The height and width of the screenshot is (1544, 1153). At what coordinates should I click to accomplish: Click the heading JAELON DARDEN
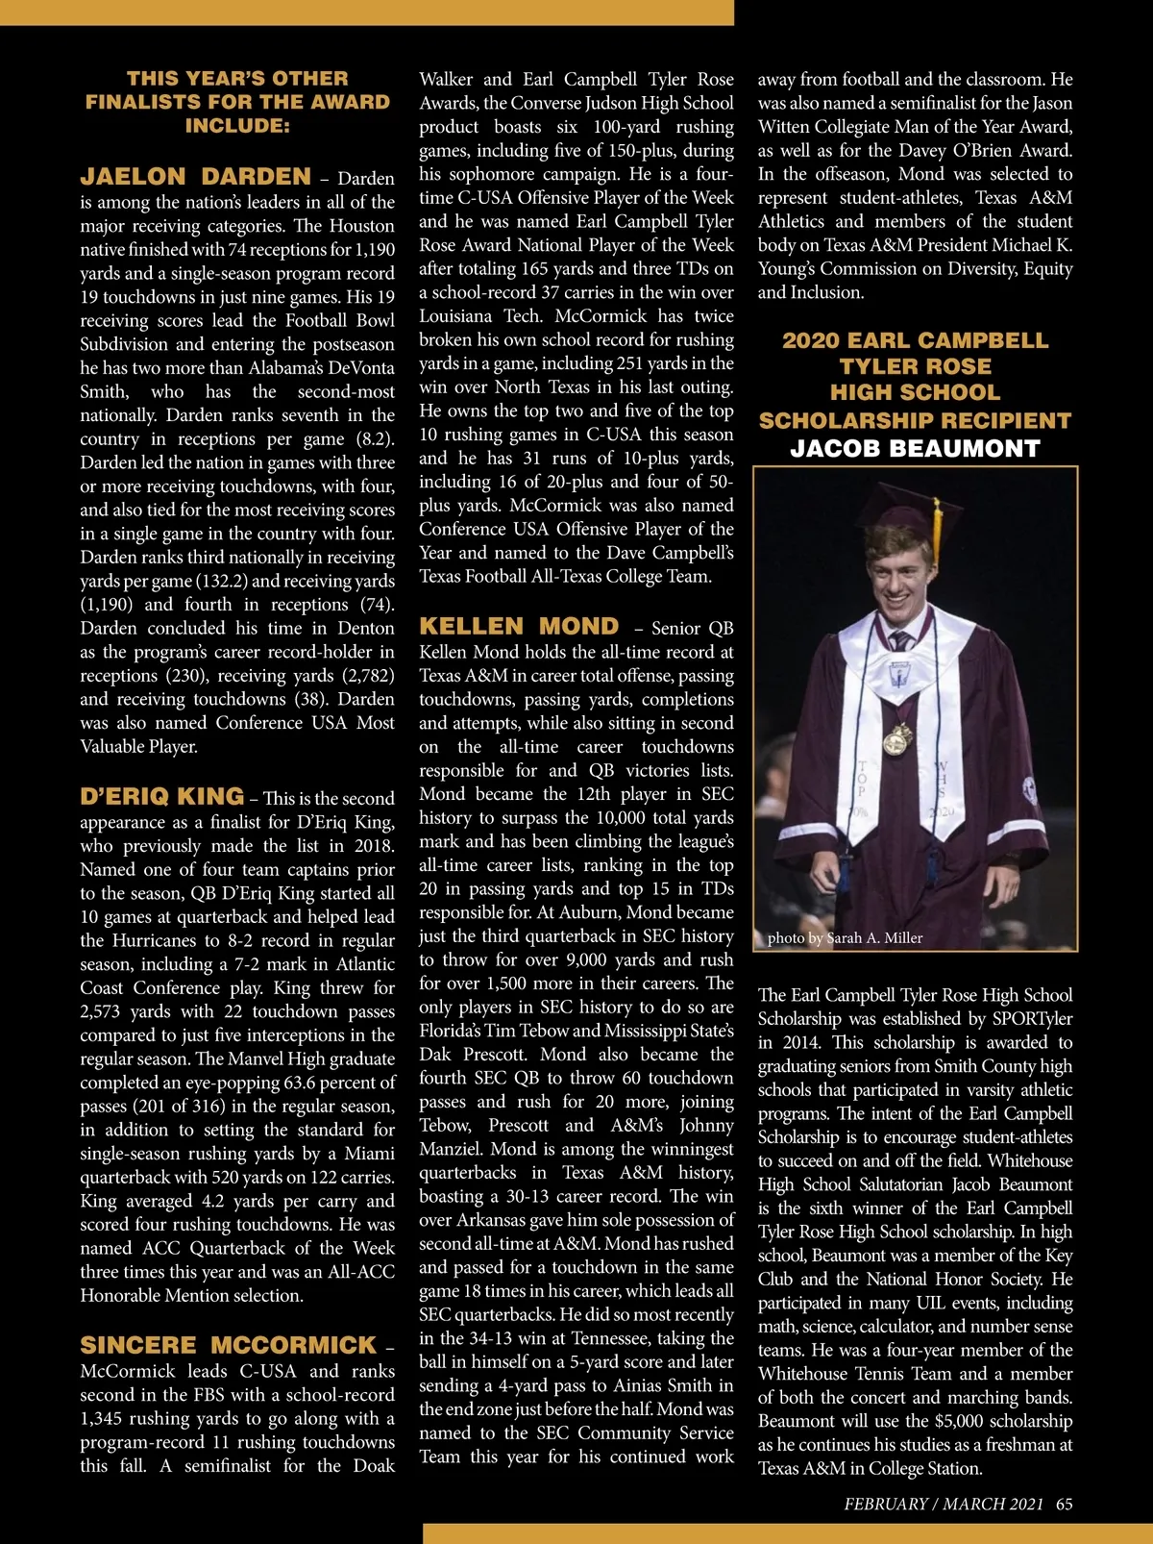(x=195, y=177)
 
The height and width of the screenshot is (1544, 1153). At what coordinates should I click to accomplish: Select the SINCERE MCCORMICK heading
(x=228, y=1345)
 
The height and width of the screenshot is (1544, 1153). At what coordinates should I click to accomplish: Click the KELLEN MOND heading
(x=519, y=626)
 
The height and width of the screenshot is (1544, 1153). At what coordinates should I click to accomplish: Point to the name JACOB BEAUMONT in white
(x=915, y=449)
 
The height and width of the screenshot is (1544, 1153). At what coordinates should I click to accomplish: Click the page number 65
(x=1064, y=1505)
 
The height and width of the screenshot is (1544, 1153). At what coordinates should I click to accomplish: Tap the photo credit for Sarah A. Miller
(x=845, y=938)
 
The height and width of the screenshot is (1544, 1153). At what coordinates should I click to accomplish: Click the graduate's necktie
(x=900, y=641)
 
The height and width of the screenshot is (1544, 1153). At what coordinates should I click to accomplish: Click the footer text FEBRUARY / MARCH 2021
(x=943, y=1505)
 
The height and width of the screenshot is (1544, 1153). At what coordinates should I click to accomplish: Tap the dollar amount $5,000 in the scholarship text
(x=966, y=1421)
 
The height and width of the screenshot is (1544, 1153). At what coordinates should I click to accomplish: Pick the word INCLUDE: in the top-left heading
(x=237, y=126)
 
